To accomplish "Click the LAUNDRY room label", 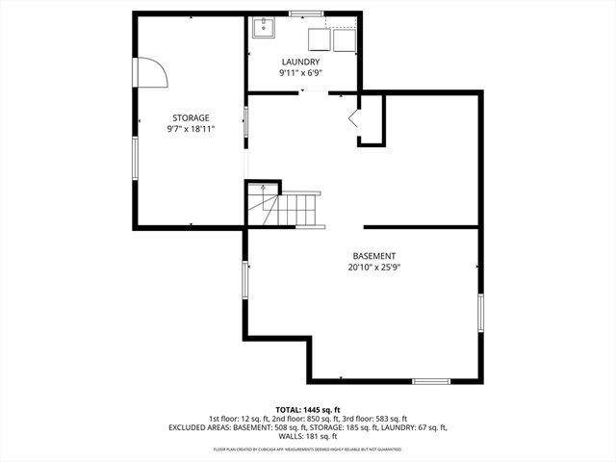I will (300, 63).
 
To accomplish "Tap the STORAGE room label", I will (191, 117).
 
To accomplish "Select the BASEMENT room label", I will (374, 256).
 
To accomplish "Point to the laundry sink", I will (264, 28).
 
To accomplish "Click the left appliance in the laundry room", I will (320, 38).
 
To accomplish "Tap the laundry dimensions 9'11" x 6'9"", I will (300, 73).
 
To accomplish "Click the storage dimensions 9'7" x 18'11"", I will (191, 128).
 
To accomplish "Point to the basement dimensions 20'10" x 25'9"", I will (374, 268).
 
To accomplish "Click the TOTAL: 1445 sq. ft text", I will (307, 410).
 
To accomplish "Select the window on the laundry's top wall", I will (307, 13).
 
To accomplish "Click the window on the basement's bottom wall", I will (431, 381).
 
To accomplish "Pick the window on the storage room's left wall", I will (135, 158).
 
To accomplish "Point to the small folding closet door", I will (353, 119).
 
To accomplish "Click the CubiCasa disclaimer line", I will (307, 449).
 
